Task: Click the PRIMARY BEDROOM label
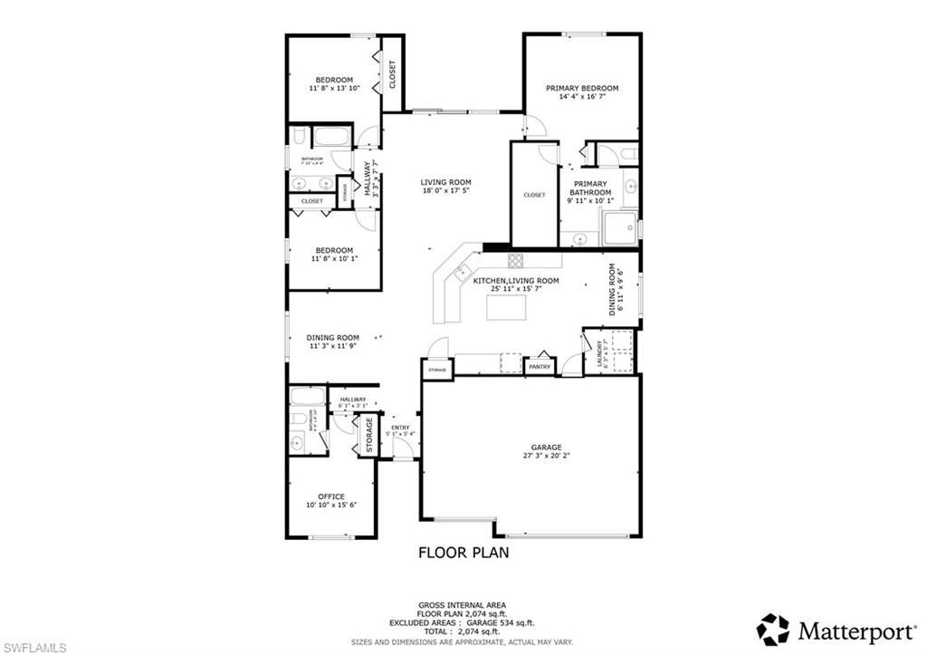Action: (x=581, y=88)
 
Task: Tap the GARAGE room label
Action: (x=546, y=447)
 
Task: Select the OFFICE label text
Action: (x=331, y=496)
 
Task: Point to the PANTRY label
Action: (x=541, y=367)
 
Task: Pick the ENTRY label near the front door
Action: (x=400, y=428)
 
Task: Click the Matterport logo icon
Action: (x=772, y=629)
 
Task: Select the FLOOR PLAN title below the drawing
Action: (x=463, y=552)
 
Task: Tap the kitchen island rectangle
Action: (x=507, y=307)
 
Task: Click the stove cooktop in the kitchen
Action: (x=515, y=261)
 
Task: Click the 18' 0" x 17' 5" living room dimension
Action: (x=446, y=191)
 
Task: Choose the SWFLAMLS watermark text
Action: (x=34, y=647)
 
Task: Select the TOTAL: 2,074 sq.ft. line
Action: (x=463, y=632)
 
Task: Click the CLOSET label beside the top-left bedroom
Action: (x=393, y=73)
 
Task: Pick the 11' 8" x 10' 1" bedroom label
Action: (x=334, y=259)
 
